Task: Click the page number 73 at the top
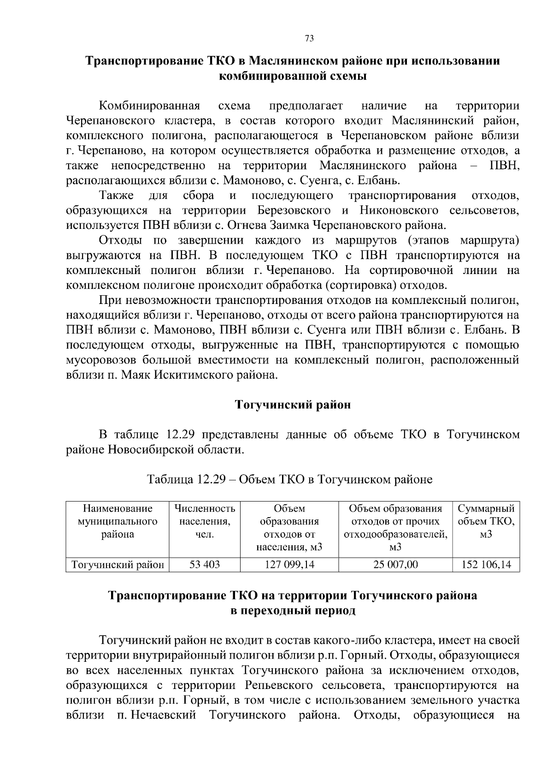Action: (309, 39)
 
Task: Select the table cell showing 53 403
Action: (205, 565)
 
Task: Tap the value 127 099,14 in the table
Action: (289, 565)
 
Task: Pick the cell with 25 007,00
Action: (395, 565)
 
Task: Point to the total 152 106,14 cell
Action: (486, 565)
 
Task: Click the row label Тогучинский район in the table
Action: (117, 565)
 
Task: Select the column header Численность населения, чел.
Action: (205, 521)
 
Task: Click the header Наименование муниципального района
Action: (117, 521)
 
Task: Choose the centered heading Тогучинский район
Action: (293, 405)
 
